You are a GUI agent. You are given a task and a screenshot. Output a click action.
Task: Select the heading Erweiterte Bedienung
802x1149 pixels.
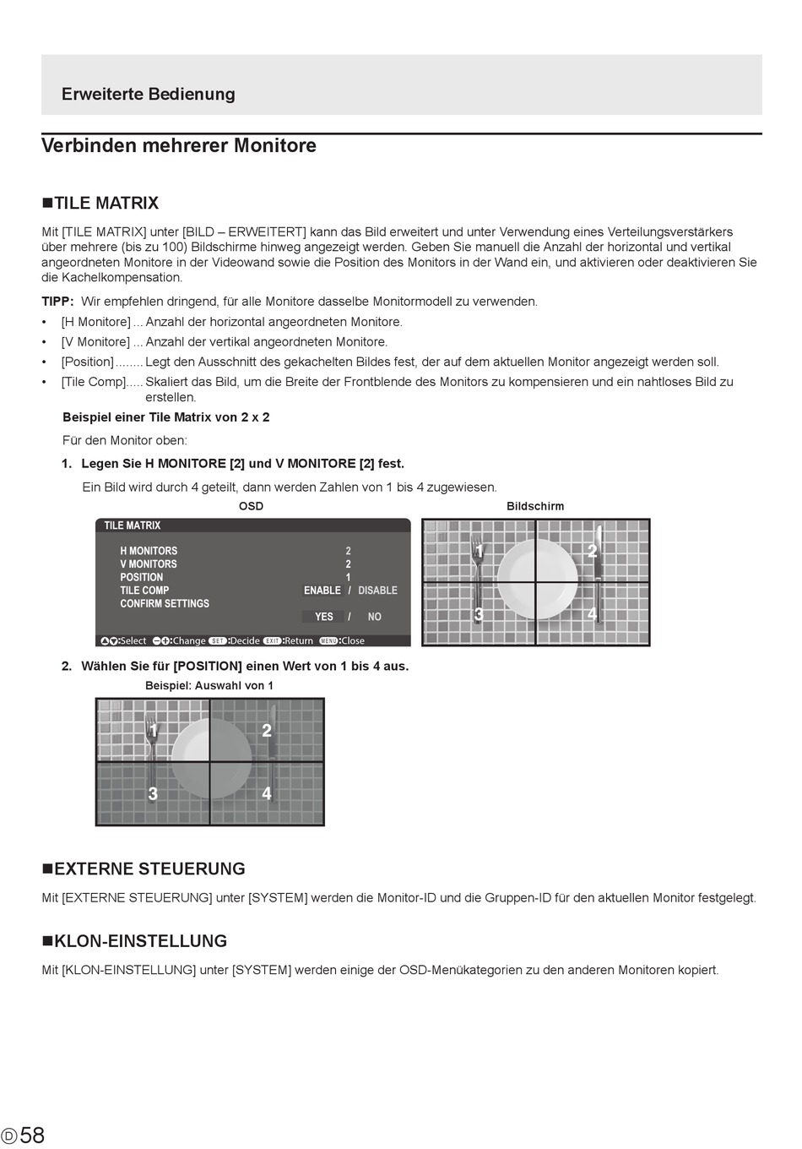coord(148,94)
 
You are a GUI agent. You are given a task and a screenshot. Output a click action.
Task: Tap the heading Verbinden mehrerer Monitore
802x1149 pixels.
coord(179,145)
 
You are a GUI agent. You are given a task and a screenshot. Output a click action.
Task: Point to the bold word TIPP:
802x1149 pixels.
coord(58,302)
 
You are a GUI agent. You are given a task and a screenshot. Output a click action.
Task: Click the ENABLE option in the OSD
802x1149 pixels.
coord(322,591)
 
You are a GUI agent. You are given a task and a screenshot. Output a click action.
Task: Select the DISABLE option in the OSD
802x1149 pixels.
coord(377,591)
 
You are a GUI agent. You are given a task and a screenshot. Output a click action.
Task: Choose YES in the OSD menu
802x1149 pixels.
coord(324,617)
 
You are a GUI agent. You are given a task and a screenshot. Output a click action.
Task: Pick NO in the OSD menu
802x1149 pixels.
coord(375,617)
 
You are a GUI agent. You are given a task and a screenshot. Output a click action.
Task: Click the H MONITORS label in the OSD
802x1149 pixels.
coord(149,551)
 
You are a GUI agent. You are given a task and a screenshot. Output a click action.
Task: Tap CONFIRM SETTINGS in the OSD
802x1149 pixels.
coord(165,604)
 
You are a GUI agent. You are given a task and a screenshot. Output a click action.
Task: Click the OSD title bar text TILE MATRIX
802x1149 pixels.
coord(133,525)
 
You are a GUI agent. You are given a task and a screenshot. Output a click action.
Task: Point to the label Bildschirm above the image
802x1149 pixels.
coord(535,506)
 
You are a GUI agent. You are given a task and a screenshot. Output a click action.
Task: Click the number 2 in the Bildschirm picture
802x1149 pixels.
coord(592,551)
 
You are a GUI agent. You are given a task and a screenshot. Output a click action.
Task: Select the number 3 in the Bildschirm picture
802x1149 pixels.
coord(479,614)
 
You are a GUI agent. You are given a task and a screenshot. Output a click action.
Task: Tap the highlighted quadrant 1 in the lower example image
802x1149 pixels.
coord(154,731)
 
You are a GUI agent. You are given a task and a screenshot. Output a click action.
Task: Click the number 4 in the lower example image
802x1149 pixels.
coord(267,793)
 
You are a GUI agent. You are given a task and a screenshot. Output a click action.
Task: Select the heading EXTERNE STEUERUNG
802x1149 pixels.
coord(144,869)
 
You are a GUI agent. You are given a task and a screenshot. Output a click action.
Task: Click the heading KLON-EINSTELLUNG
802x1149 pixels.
coord(135,941)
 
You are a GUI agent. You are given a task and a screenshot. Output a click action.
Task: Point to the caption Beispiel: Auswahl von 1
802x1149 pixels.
coord(209,686)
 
